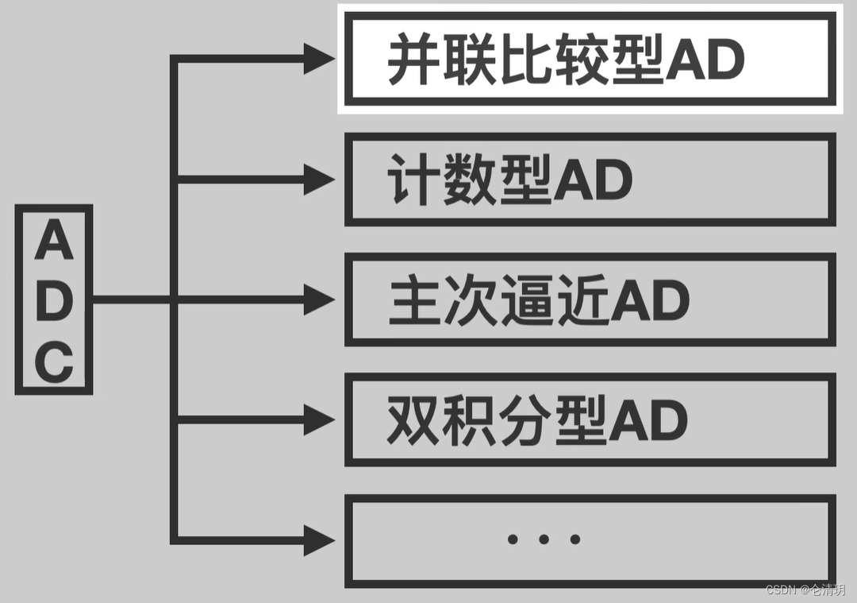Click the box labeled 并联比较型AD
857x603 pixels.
[x=590, y=58]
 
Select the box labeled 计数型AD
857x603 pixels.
[x=590, y=180]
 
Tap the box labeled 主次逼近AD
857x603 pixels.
[x=590, y=300]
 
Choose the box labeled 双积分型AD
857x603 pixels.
[x=590, y=419]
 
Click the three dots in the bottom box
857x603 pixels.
[x=544, y=539]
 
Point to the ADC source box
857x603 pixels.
[x=54, y=300]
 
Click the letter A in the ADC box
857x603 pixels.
[x=54, y=241]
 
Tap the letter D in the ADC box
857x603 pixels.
[x=54, y=302]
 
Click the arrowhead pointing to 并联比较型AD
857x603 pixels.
[x=319, y=59]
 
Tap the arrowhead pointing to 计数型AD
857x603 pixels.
[x=319, y=180]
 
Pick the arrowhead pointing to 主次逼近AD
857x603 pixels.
[x=319, y=300]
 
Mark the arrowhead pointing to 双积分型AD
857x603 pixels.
[x=319, y=419]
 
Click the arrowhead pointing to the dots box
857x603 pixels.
[x=319, y=540]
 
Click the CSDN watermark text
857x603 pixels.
[x=805, y=589]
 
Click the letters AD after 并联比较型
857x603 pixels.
[x=705, y=60]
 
